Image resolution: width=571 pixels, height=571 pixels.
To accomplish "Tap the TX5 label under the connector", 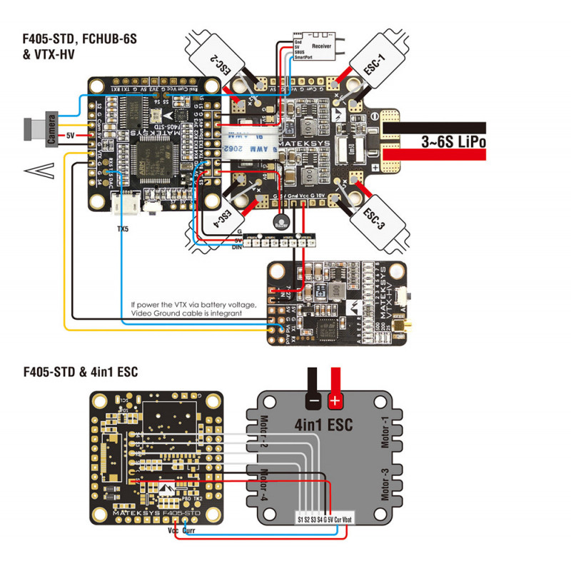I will (122, 229).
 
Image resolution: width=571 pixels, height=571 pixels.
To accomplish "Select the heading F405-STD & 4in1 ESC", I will (80, 371).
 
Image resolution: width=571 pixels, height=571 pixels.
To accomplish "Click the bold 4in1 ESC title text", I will (325, 425).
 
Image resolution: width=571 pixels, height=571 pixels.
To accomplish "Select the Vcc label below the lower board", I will (173, 531).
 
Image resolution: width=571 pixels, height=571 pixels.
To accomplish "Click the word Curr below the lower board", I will (189, 531).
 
